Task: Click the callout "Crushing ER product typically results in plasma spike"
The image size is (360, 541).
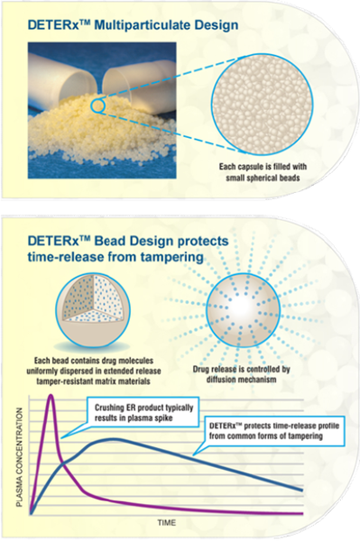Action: click(x=133, y=413)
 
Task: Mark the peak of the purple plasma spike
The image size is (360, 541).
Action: click(x=52, y=395)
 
